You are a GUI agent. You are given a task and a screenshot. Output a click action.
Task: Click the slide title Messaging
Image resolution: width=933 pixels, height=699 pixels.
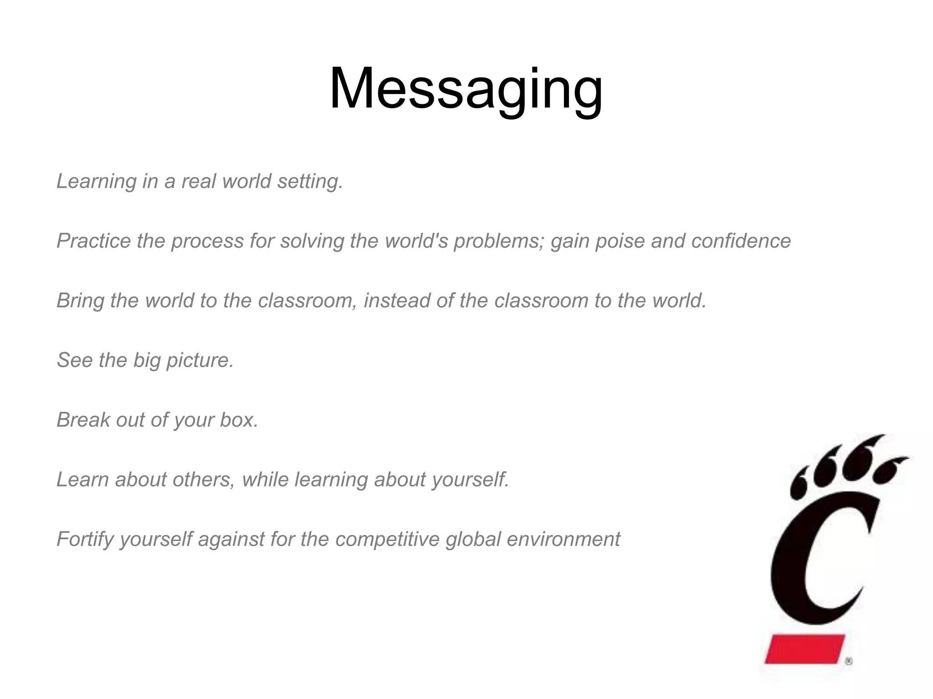(466, 89)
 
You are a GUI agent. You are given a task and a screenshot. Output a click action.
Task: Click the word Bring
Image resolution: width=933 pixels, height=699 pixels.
(80, 301)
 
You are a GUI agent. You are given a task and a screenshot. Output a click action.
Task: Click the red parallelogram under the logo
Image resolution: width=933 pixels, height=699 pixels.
(805, 649)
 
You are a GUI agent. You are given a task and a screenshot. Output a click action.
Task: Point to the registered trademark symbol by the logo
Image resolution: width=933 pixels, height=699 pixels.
(848, 662)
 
